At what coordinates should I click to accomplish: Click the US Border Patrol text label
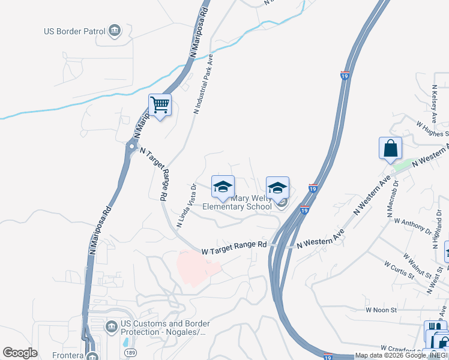point(73,31)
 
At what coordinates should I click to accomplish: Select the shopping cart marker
point(160,105)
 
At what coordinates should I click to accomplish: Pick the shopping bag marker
point(390,148)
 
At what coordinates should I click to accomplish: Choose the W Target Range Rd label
point(234,245)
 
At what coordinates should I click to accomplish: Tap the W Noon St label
point(381,310)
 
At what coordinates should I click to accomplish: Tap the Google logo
point(20,353)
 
